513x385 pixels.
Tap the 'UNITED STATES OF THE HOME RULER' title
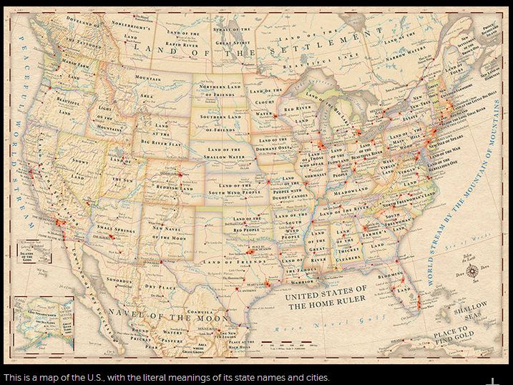[x=326, y=298]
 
